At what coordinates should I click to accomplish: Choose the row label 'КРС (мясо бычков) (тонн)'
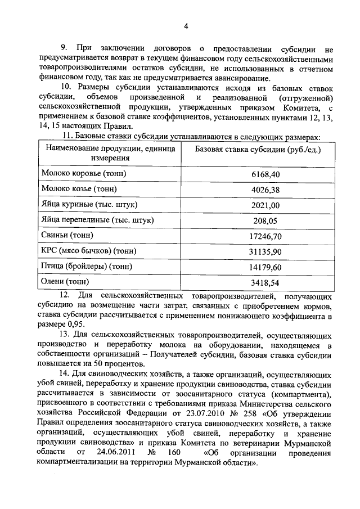(90, 250)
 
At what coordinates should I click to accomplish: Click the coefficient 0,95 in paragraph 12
(78, 325)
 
